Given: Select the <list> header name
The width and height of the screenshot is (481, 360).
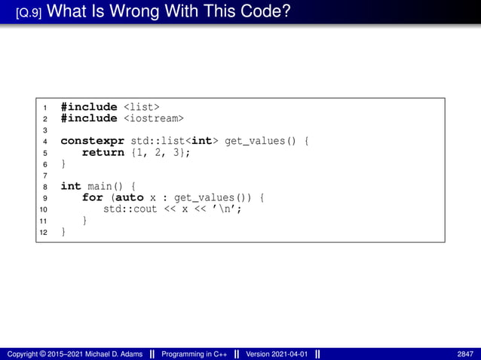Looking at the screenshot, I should [141, 107].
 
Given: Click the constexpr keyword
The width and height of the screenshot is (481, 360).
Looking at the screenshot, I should [89, 141].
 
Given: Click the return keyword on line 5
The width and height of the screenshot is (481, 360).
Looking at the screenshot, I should [103, 152].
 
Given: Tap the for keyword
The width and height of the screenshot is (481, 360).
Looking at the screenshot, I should [92, 197].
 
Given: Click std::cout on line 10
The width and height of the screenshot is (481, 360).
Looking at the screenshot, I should [129, 209].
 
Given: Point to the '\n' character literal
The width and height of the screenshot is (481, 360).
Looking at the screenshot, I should [231, 209].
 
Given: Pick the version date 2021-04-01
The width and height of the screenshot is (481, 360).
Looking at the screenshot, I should [291, 354].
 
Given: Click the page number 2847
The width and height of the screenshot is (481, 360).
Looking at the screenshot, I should [465, 354].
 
